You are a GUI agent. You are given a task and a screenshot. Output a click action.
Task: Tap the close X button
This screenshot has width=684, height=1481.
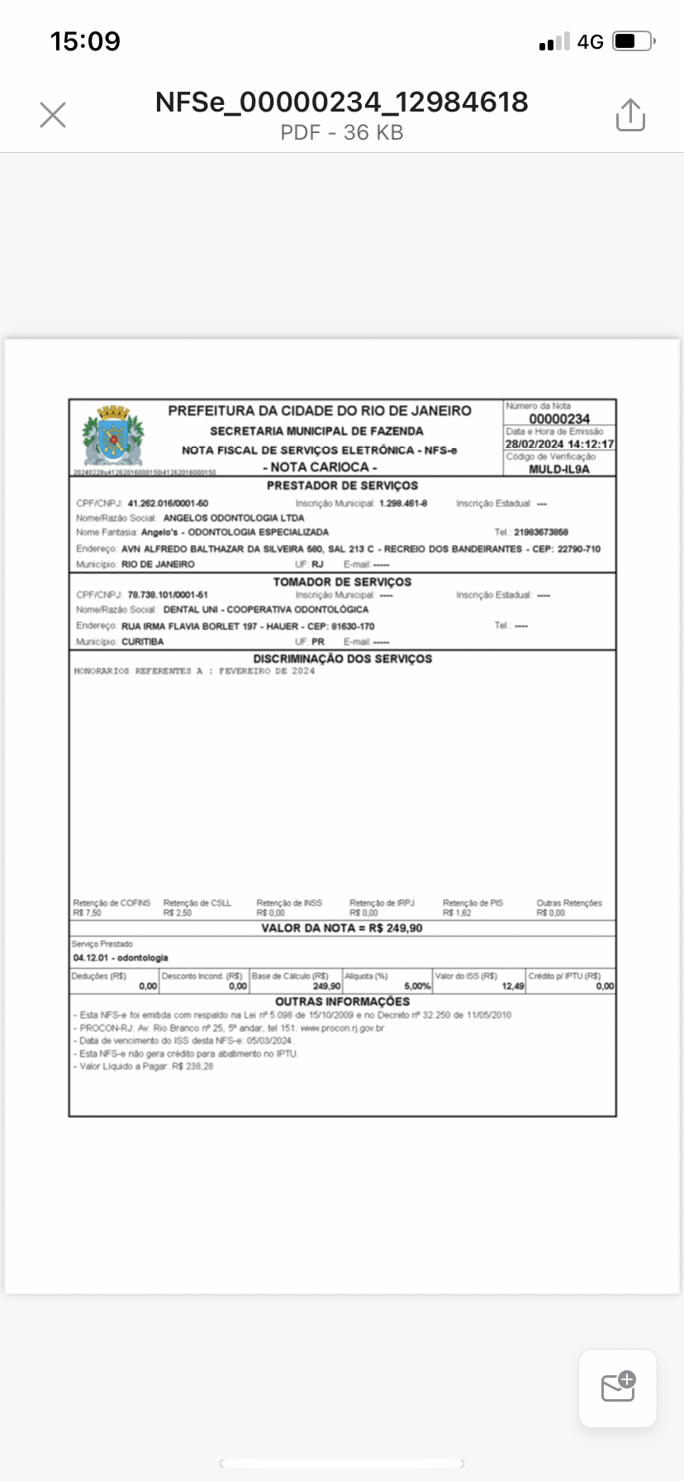[53, 115]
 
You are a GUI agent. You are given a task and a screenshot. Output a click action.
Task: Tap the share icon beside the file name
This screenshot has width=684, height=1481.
[630, 115]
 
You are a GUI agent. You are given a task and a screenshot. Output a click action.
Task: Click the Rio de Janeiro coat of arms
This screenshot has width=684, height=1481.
[113, 436]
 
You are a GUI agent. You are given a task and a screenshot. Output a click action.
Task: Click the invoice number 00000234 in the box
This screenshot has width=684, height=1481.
[559, 419]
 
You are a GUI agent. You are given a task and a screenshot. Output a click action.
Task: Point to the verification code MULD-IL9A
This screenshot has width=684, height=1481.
[559, 469]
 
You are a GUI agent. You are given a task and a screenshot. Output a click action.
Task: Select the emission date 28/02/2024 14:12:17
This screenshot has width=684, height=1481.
[559, 444]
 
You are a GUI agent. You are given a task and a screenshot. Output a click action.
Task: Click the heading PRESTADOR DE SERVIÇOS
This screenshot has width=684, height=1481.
[342, 485]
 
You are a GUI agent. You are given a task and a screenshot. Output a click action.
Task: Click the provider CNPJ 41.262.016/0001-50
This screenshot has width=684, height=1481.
[168, 503]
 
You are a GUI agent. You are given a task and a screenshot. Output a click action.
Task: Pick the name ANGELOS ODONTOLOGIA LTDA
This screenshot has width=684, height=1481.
[234, 518]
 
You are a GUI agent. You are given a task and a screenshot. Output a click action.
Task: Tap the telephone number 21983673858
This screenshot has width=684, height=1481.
[541, 532]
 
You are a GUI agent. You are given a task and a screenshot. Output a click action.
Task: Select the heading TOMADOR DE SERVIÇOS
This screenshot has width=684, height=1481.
[342, 582]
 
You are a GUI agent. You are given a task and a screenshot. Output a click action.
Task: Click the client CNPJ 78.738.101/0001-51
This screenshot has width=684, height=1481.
[168, 595]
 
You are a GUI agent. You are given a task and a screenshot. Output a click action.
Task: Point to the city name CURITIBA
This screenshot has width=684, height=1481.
[143, 641]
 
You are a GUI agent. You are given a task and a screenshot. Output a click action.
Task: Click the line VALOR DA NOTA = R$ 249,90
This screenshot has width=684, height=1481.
[342, 928]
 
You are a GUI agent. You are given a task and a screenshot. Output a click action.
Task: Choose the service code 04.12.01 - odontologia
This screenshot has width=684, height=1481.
[121, 958]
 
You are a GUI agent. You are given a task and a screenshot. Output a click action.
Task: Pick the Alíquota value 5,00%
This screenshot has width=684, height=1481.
[417, 986]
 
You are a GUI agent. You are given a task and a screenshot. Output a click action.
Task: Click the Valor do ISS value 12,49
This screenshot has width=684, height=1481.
[512, 986]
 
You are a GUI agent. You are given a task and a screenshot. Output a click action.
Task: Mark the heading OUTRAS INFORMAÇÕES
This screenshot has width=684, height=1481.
[342, 1002]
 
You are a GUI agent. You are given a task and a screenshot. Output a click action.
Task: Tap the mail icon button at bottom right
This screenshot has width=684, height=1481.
[618, 1388]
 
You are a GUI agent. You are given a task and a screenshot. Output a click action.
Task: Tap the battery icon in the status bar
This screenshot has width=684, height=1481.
[634, 41]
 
